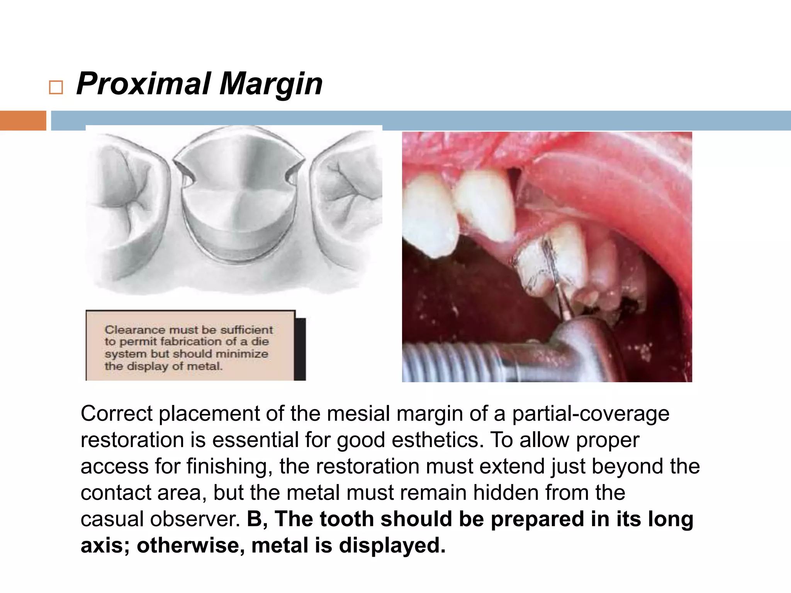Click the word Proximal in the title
(144, 84)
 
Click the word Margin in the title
(271, 84)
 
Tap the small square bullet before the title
(56, 88)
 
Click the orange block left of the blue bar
(23, 120)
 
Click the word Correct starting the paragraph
(116, 413)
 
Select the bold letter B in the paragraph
(255, 519)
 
